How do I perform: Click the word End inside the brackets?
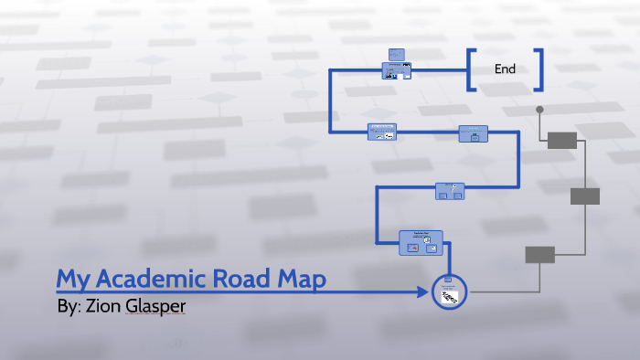pyautogui.click(x=505, y=69)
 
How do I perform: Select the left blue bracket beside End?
pyautogui.click(x=470, y=70)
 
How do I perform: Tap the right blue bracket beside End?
pyautogui.click(x=539, y=70)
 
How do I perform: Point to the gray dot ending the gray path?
pyautogui.click(x=539, y=110)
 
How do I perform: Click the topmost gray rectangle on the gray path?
pyautogui.click(x=561, y=140)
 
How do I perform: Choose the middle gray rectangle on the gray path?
pyautogui.click(x=584, y=196)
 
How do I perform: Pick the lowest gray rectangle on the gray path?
pyautogui.click(x=539, y=255)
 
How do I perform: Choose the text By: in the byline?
pyautogui.click(x=69, y=307)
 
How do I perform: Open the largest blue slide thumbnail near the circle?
pyautogui.click(x=421, y=242)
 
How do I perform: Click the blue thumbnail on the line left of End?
pyautogui.click(x=396, y=69)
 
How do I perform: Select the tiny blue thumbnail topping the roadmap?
pyautogui.click(x=396, y=54)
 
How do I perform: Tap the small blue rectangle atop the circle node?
pyautogui.click(x=448, y=280)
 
